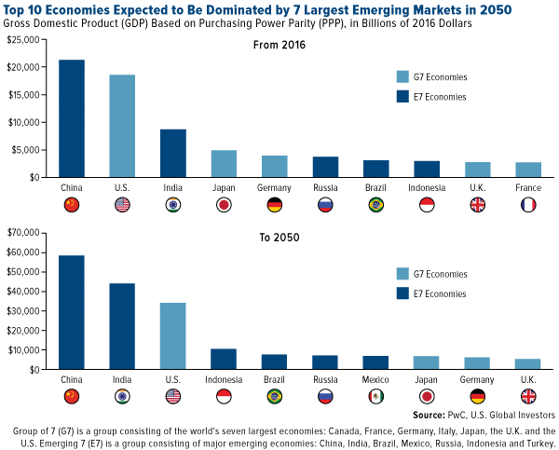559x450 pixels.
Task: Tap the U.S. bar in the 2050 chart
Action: (172, 336)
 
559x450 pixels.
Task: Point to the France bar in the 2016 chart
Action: (527, 170)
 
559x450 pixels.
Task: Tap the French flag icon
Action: (527, 205)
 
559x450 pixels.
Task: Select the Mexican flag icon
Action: (375, 397)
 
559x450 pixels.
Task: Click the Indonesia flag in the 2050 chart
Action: (224, 397)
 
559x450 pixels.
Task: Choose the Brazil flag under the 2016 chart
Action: (375, 205)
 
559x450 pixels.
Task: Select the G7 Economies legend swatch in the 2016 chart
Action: (402, 77)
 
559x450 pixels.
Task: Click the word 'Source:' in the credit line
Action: (430, 414)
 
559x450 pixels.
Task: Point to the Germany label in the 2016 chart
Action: (274, 187)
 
